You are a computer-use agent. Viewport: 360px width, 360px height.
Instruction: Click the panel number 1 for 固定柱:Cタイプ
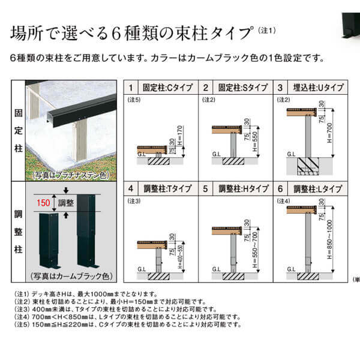[x=131, y=88]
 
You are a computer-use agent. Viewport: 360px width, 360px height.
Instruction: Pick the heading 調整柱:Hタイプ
[x=241, y=189]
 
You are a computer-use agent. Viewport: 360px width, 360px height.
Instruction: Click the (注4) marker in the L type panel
[x=283, y=200]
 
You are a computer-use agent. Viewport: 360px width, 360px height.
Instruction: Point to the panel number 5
[x=205, y=189]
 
